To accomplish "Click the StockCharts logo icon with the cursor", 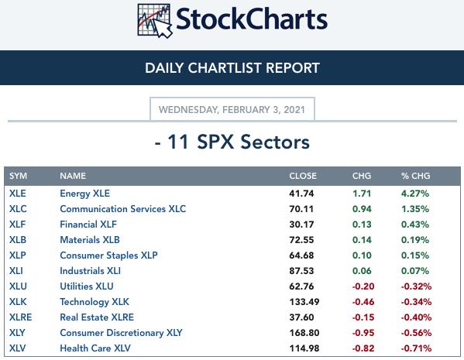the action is tap(154, 21).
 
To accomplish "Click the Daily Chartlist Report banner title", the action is tap(232, 67).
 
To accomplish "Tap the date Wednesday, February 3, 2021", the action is tap(232, 110).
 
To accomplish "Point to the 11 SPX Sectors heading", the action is tap(232, 142).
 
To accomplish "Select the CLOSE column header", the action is tap(303, 176).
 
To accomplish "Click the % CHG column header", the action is tap(415, 176).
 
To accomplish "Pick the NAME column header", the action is tap(73, 176).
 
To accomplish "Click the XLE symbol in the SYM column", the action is tap(18, 194).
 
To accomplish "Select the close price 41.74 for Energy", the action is tap(301, 194).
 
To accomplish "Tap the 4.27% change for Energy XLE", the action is tap(415, 194).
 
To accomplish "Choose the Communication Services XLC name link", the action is tap(123, 209).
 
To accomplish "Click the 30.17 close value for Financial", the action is tap(301, 225).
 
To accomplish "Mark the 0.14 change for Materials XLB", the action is tap(362, 240).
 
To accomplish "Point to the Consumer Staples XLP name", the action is tap(108, 255).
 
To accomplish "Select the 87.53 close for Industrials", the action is tap(301, 271).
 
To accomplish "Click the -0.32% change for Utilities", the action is tap(416, 286).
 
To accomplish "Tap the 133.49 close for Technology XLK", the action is tap(304, 302).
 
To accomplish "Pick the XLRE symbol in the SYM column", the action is tap(20, 317).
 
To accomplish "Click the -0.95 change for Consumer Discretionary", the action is tap(363, 333).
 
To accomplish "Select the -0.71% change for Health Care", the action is tap(416, 348).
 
